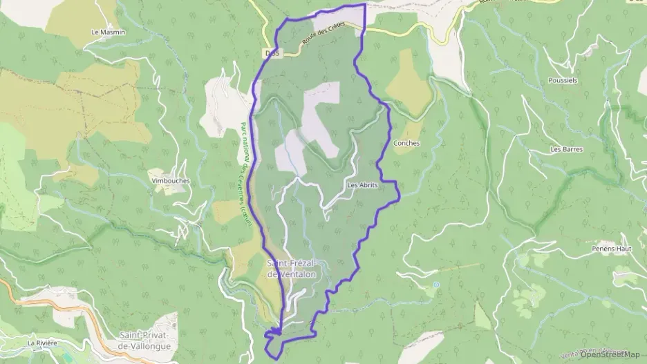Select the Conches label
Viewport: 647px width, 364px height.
click(406, 144)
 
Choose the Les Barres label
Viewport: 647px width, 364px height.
click(567, 149)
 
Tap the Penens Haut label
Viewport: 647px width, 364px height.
click(608, 247)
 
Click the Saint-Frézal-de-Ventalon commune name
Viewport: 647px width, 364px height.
click(291, 269)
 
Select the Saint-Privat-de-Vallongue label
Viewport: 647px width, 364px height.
click(146, 339)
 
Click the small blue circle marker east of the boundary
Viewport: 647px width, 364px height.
click(436, 285)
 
